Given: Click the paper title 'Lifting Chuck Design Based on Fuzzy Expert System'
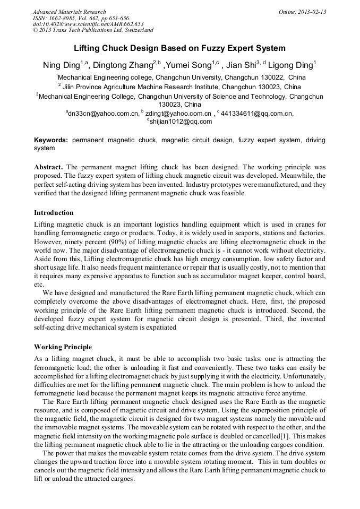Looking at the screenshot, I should point(179,48).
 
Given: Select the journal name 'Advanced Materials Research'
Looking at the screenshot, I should point(70,12).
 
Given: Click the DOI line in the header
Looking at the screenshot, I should point(88,24).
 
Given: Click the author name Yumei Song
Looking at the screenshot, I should point(189,65).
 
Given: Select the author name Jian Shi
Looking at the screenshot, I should point(241,65).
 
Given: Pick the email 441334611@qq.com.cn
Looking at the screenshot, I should point(257,113).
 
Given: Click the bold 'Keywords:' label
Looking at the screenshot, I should point(51,140).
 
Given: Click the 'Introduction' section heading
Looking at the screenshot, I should point(54,213).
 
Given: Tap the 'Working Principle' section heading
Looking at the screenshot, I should point(63,347).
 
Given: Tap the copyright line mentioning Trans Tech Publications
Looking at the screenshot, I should point(93,30).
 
